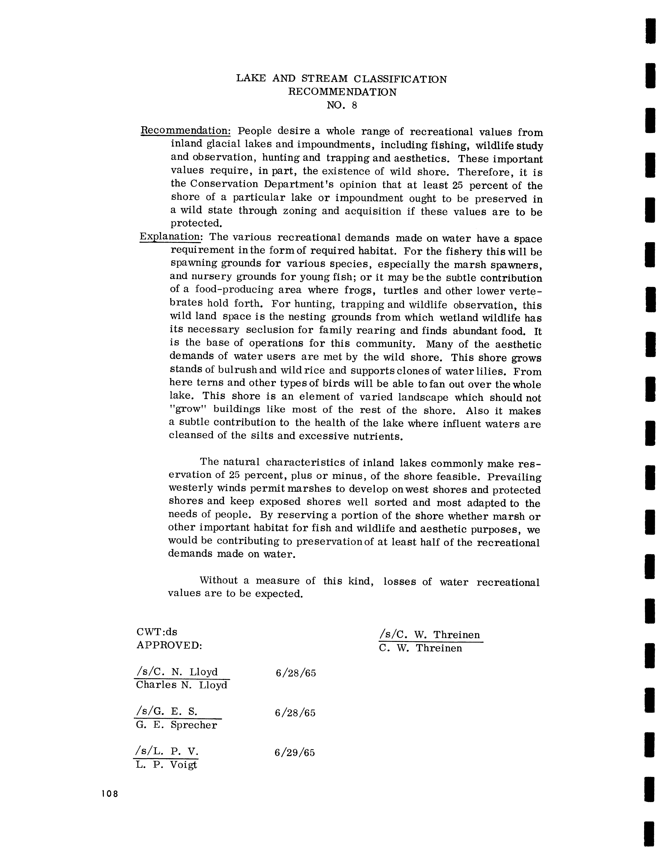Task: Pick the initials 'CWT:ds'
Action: pos(157,632)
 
